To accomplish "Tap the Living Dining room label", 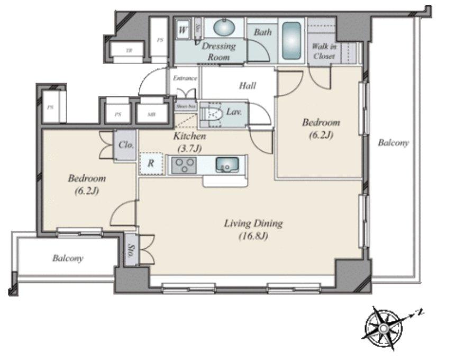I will pos(253,223).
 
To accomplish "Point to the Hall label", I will pos(247,86).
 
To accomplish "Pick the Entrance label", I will pos(185,78).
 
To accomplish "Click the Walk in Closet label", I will pos(324,51).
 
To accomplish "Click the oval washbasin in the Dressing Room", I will pos(224,28).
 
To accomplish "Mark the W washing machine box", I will pos(183,30).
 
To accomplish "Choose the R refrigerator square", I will pos(150,164).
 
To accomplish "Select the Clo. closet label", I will pos(125,145).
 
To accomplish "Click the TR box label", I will pos(129,51).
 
